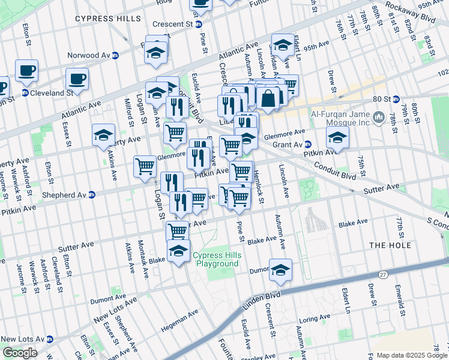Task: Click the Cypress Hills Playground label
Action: (x=215, y=260)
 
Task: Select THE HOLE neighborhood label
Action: (x=390, y=245)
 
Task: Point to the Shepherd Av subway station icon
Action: (x=92, y=194)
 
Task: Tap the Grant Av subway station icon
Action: (x=308, y=145)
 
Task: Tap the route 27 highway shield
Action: (x=382, y=274)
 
